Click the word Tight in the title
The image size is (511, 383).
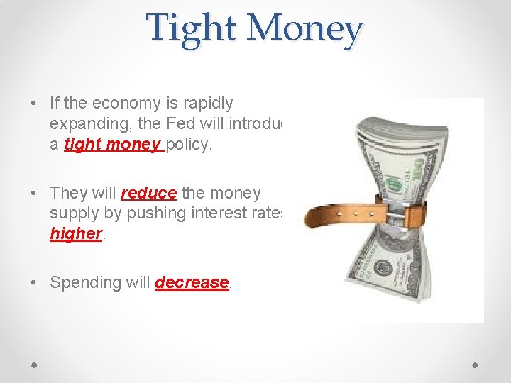[x=192, y=28]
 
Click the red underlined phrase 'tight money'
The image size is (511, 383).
[x=112, y=144]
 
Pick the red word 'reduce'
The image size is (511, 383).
[x=148, y=193]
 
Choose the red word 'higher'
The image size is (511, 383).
[x=76, y=234]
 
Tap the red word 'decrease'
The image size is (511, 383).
[x=192, y=282]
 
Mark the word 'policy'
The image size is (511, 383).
[x=188, y=144]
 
